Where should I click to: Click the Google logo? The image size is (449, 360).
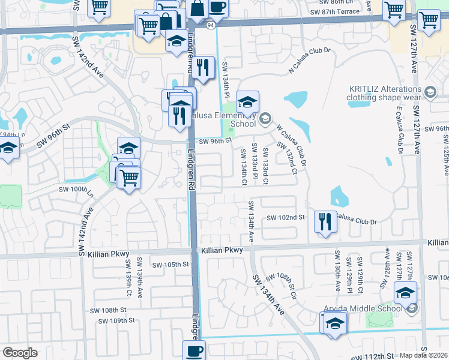tap(20, 353)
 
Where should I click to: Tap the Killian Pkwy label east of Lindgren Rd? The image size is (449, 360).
tap(222, 250)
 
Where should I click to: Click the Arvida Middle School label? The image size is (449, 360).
tap(362, 309)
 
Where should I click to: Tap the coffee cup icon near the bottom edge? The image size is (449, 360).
tap(194, 350)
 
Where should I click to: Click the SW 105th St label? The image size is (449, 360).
tap(170, 265)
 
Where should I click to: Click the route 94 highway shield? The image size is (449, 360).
tap(209, 25)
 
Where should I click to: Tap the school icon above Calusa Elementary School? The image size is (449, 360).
tap(247, 101)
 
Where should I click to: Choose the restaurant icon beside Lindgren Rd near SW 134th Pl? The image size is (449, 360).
tap(203, 67)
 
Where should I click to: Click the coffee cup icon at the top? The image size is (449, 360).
tap(218, 7)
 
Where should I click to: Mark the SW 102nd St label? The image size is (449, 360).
tap(286, 217)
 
